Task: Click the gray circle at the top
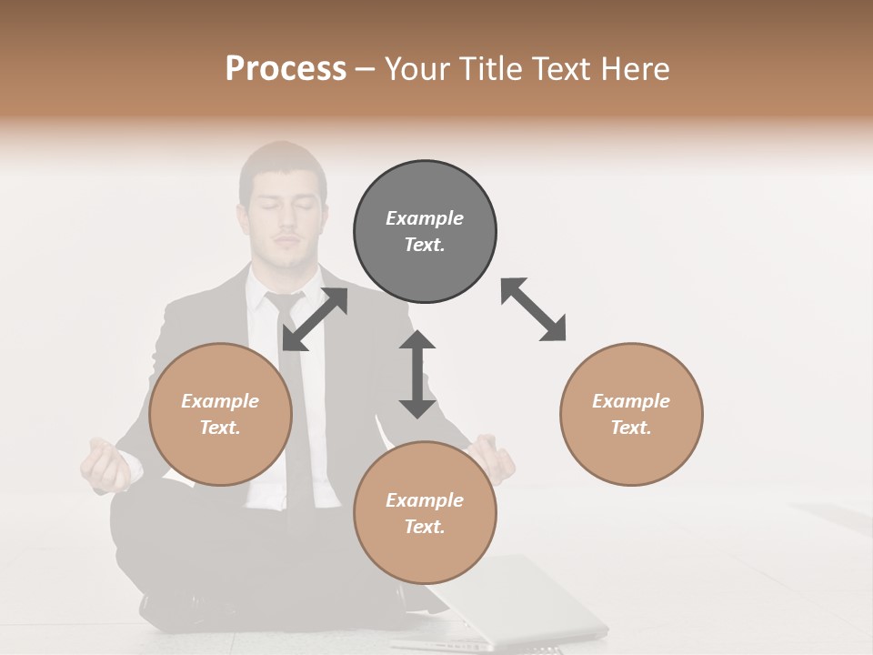click(x=425, y=232)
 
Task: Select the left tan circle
click(x=220, y=415)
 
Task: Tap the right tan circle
click(x=631, y=415)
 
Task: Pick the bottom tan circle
click(x=425, y=513)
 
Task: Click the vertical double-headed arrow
click(x=417, y=374)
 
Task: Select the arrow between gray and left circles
click(x=315, y=319)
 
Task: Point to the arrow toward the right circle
click(x=533, y=310)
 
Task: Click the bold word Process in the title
click(x=286, y=68)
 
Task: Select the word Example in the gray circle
click(x=425, y=218)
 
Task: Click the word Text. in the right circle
click(x=631, y=428)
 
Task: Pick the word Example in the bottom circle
click(x=425, y=500)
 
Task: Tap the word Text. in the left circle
click(x=220, y=428)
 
